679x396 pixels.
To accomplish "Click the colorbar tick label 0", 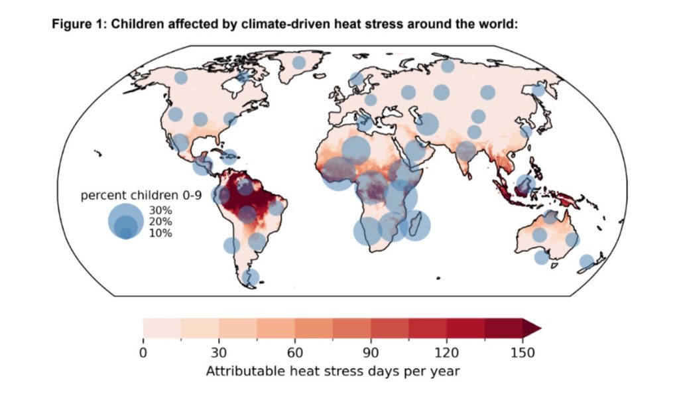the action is click(143, 353).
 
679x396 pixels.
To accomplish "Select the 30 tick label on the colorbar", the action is click(219, 353).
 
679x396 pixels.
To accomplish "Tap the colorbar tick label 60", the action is click(295, 353).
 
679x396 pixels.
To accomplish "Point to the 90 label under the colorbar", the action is click(371, 353).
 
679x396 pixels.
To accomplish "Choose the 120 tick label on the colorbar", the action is click(446, 353).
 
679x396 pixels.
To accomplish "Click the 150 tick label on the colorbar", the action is click(523, 353).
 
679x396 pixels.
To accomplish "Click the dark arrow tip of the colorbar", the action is click(541, 328).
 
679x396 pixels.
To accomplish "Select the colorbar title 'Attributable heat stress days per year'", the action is click(333, 371).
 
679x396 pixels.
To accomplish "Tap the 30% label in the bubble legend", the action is click(160, 210).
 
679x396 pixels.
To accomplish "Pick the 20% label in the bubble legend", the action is click(160, 222).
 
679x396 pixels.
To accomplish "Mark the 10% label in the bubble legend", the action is click(160, 233).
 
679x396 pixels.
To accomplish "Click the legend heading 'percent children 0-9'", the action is click(141, 196).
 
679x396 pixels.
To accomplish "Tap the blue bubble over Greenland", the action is click(298, 63).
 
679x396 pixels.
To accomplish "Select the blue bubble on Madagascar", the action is click(415, 226).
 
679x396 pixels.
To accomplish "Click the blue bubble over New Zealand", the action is click(587, 262).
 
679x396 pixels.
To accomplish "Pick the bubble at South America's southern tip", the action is click(250, 278).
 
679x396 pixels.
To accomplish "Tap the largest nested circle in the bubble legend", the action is click(125, 222).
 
